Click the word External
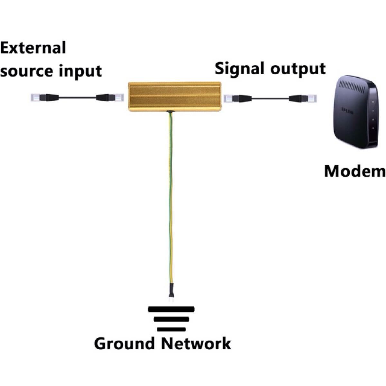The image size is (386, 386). click(x=33, y=48)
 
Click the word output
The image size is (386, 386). click(x=296, y=69)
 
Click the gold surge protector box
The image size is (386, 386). click(x=175, y=96)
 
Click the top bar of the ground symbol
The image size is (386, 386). click(x=171, y=309)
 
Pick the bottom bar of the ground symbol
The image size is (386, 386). click(x=171, y=329)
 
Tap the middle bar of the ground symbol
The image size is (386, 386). click(x=171, y=319)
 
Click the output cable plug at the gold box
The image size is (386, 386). click(x=236, y=98)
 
